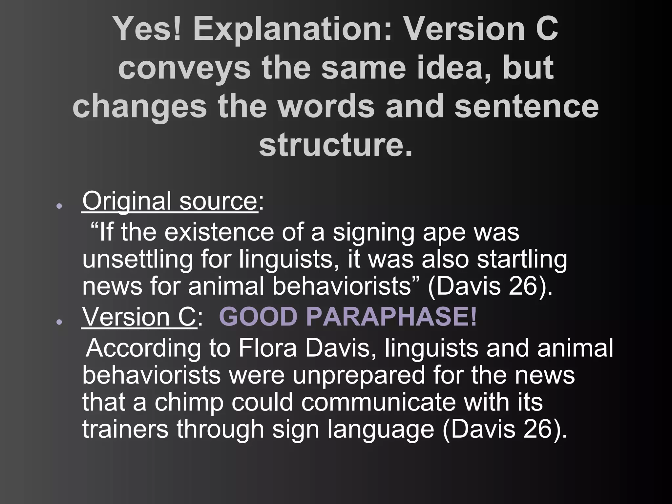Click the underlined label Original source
tap(169, 201)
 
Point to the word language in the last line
tap(381, 429)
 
